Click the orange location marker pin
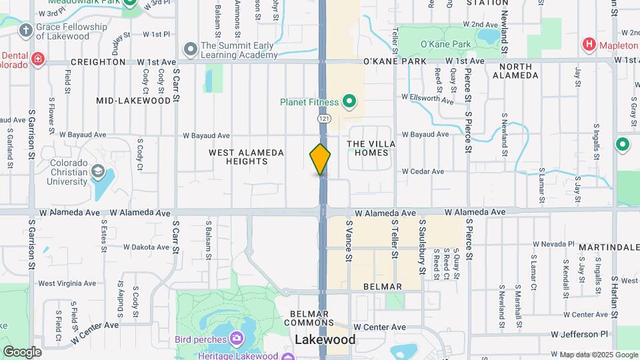pos(320,159)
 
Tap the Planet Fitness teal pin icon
pos(349,102)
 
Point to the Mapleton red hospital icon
pos(589,45)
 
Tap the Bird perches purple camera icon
pos(236,339)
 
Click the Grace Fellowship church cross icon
pos(25,30)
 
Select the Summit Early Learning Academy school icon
pos(191,49)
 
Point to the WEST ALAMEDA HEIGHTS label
pos(247,157)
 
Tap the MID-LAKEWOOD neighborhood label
pos(133,101)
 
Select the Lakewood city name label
pos(325,340)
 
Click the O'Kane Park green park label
pos(446,45)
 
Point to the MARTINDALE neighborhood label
pos(609,247)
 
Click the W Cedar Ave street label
pos(423,171)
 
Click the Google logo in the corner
pos(22,351)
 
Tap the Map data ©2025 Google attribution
pos(598,355)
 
